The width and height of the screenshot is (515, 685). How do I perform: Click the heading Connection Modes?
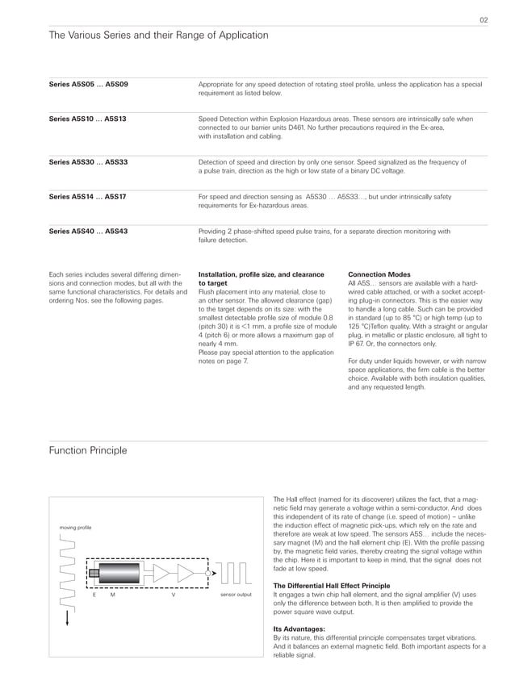click(379, 274)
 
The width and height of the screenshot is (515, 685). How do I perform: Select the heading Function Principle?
click(88, 450)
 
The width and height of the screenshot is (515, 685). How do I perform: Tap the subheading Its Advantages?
click(299, 628)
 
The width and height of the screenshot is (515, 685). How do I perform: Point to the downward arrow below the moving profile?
click(68, 619)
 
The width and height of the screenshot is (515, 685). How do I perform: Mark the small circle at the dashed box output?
click(208, 574)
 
